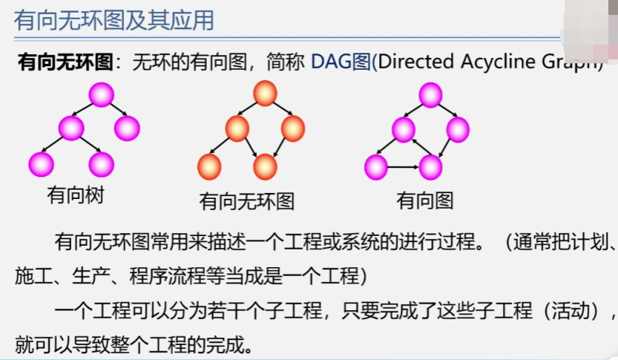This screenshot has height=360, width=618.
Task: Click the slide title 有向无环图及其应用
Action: [114, 20]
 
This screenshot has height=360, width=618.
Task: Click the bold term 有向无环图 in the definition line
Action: [65, 62]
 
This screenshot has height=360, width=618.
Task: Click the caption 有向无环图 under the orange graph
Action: [247, 200]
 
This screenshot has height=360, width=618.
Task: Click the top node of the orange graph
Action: [265, 94]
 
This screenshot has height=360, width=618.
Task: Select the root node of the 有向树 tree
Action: [101, 95]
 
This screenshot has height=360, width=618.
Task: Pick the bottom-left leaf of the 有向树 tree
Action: [41, 163]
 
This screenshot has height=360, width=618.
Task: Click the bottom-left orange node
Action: [210, 166]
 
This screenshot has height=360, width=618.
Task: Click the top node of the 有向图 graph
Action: [431, 95]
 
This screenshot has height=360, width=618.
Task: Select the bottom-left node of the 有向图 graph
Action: [376, 166]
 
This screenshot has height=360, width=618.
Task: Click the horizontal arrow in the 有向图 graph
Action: [403, 166]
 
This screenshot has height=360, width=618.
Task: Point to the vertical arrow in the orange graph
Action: [265, 137]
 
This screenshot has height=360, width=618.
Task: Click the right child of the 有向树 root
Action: [127, 128]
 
